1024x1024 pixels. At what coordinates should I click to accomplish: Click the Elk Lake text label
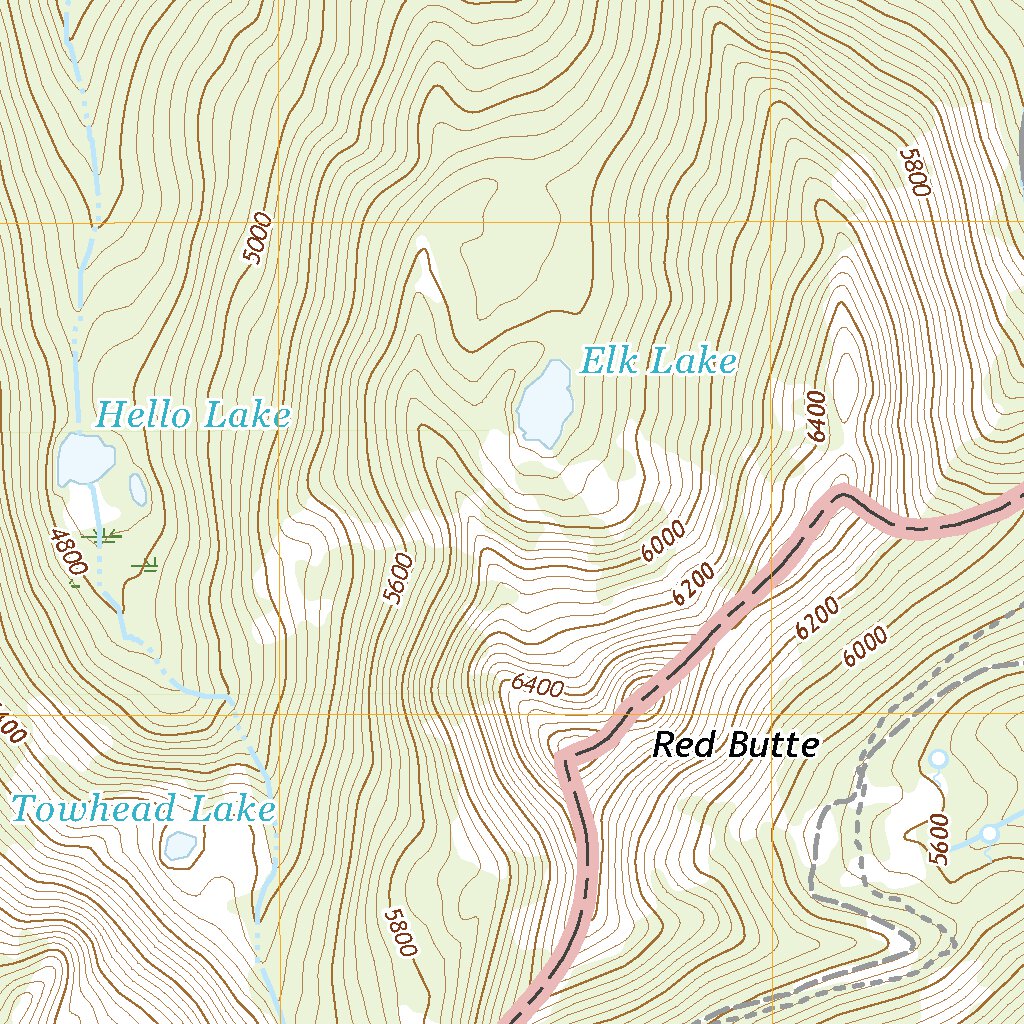coord(658,361)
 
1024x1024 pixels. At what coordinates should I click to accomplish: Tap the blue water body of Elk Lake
coord(545,405)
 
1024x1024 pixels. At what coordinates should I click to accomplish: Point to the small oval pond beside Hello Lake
coord(138,489)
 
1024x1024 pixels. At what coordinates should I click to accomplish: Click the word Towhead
coord(92,808)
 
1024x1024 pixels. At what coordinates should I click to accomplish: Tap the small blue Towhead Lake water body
coord(180,846)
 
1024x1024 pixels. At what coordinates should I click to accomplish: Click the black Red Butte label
coord(736,745)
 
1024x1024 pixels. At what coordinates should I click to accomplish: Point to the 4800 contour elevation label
coord(65,553)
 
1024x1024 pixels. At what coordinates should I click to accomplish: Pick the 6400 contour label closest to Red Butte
coord(536,686)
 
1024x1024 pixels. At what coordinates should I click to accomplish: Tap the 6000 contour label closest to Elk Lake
coord(664,541)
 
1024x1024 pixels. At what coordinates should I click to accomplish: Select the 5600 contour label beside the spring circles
coord(937,839)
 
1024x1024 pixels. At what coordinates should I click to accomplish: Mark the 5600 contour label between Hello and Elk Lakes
coord(397,578)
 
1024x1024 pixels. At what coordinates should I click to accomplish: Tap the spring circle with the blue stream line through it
coord(988,833)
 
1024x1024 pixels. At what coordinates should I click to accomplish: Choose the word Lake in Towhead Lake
coord(235,808)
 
